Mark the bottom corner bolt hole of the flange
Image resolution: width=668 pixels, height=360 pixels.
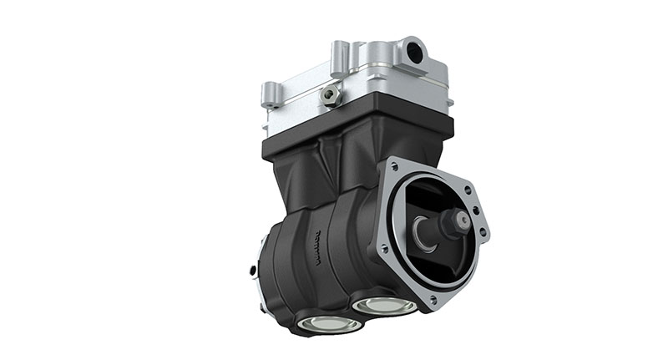[x=432, y=300]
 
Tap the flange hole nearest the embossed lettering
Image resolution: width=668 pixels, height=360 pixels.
[x=382, y=247]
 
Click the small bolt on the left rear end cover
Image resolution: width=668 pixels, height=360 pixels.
[x=253, y=270]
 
